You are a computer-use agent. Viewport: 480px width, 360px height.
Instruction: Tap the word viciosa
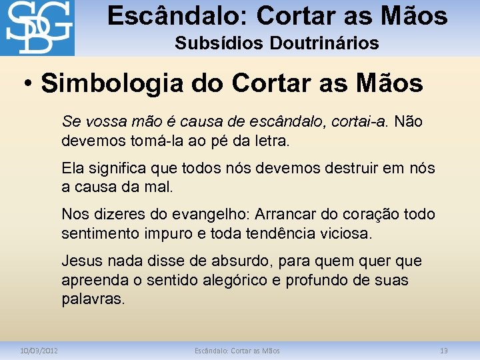tap(343, 234)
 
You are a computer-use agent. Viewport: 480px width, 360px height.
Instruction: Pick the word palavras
tap(93, 299)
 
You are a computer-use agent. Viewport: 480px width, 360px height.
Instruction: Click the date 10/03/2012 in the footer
tap(39, 351)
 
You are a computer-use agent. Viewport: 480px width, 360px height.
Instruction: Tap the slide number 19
tap(444, 351)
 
